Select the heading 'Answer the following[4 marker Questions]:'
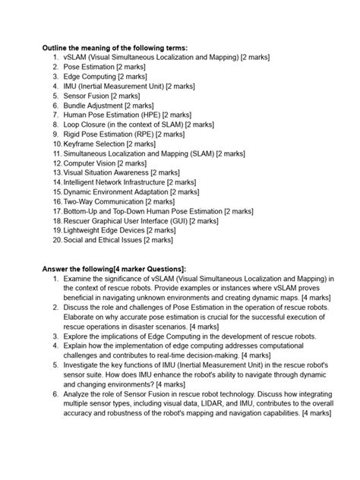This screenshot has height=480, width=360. [113, 268]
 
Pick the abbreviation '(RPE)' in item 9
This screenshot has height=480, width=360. [156, 134]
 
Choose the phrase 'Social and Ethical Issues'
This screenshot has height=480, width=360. [105, 239]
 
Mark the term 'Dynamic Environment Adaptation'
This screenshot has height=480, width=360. [116, 191]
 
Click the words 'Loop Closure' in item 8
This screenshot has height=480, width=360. [84, 125]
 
